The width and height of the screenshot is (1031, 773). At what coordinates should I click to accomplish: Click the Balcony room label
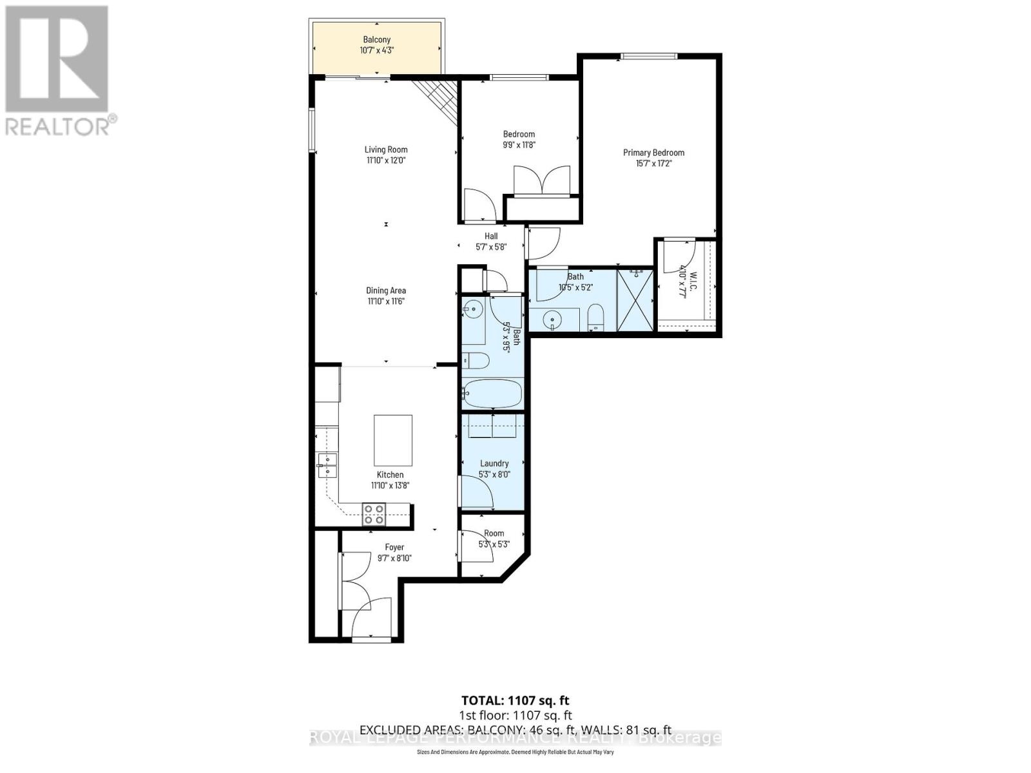coord(377,40)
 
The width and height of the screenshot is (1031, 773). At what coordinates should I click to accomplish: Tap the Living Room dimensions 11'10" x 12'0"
coord(386,160)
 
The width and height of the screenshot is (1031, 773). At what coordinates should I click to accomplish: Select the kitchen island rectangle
coord(393,440)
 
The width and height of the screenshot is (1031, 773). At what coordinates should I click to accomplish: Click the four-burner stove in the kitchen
coord(374,514)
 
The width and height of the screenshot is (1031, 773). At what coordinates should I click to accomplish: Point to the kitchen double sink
coord(327,465)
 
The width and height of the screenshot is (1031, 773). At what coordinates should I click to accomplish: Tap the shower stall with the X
coord(635,300)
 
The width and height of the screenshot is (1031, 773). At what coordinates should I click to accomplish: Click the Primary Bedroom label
coord(653,153)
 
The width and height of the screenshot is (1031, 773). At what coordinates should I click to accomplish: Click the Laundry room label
coord(494,463)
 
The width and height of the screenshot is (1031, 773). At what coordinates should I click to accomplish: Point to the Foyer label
coord(394,548)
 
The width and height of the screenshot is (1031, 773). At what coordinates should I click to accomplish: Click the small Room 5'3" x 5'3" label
coord(494,533)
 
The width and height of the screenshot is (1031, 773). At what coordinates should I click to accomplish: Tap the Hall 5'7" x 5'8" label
coord(491,236)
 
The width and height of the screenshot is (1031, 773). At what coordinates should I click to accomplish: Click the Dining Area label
coord(386,291)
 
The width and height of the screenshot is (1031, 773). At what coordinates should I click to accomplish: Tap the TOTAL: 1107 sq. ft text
coord(515,700)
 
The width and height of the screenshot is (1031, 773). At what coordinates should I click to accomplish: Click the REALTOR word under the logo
coord(58,126)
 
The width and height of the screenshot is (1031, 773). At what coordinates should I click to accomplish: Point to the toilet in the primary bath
coord(595,319)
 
